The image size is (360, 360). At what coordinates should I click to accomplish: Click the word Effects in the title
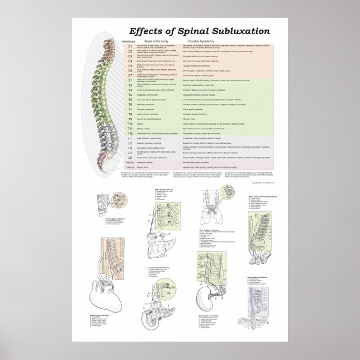coord(147,31)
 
